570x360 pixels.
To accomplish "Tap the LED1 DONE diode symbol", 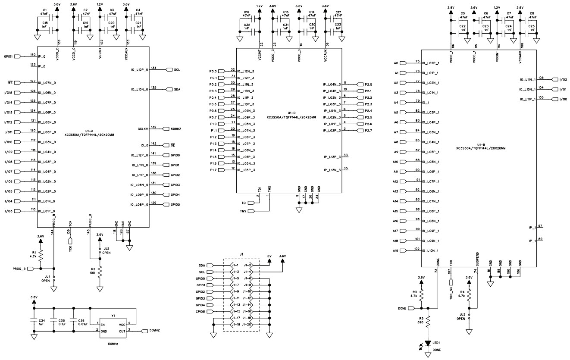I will (428, 343).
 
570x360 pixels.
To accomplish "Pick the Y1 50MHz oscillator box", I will (113, 327).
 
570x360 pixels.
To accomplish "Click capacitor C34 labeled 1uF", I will (34, 321).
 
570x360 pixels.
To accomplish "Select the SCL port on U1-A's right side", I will (169, 69).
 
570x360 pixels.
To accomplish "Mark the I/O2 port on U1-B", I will (554, 79).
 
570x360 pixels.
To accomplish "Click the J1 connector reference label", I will (241, 254).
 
